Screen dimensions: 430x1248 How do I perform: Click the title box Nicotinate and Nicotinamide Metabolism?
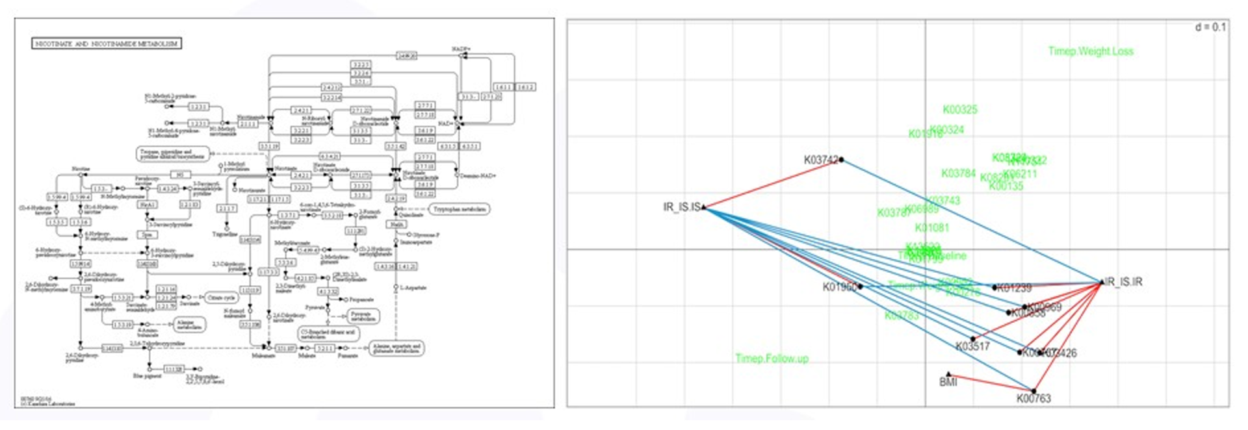tap(107, 44)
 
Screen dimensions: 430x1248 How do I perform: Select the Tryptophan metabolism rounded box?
tap(459, 209)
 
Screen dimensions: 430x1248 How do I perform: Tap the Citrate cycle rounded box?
tap(221, 297)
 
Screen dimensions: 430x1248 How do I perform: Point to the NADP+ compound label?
tap(460, 49)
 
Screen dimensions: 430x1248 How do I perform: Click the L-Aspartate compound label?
tap(412, 287)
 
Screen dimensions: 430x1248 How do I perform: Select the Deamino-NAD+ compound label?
tap(478, 176)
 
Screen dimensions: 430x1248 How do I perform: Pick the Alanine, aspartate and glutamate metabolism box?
tap(396, 349)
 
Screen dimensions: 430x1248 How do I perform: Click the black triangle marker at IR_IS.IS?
tap(704, 207)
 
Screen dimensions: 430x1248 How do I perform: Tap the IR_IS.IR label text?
tap(1124, 282)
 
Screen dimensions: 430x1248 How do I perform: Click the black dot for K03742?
tap(841, 160)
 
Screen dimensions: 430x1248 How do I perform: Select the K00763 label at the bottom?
tap(1033, 399)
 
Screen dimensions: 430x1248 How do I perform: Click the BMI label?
tap(948, 383)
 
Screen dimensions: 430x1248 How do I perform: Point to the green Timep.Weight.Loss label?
tap(1090, 51)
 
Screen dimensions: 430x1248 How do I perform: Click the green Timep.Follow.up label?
tap(772, 359)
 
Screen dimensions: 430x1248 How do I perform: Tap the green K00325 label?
tap(959, 110)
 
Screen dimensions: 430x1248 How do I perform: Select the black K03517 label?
tap(972, 347)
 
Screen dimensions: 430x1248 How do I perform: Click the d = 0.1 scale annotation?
tap(1210, 27)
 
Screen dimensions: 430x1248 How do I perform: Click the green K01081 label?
tap(931, 228)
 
